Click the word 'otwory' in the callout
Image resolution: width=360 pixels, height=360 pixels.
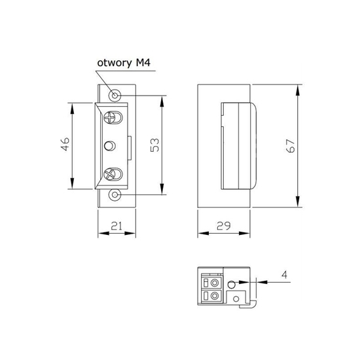pyautogui.click(x=115, y=63)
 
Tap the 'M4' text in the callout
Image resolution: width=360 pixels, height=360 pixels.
pyautogui.click(x=143, y=62)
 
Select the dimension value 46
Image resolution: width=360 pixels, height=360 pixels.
pyautogui.click(x=65, y=144)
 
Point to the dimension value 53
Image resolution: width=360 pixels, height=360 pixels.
pyautogui.click(x=154, y=145)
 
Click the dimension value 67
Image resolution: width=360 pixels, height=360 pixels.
pyautogui.click(x=291, y=146)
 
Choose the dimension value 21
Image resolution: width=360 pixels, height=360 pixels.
pyautogui.click(x=117, y=226)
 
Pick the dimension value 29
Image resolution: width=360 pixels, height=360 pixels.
pyautogui.click(x=224, y=226)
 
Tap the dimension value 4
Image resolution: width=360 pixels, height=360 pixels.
pyautogui.click(x=285, y=275)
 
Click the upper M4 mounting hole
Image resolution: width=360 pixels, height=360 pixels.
pyautogui.click(x=115, y=95)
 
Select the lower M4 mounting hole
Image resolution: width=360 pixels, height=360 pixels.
pyautogui.click(x=115, y=195)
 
